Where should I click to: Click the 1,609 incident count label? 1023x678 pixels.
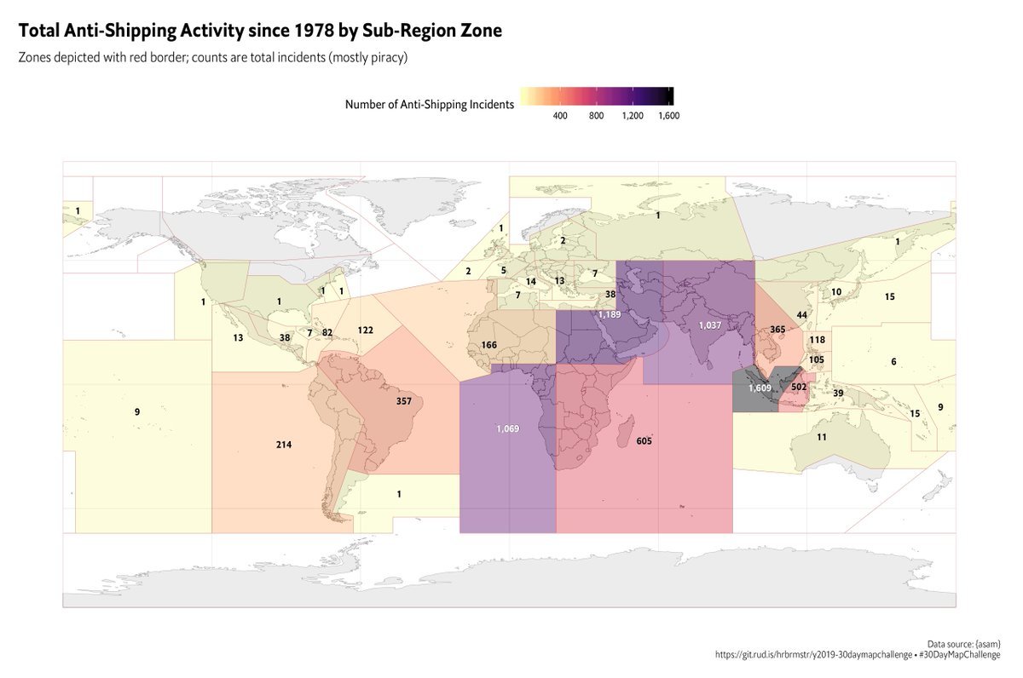760,388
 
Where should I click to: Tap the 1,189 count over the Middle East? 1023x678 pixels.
610,314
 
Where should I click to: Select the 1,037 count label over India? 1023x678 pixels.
709,325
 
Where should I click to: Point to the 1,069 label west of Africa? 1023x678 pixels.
507,428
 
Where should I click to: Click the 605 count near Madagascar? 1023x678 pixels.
644,440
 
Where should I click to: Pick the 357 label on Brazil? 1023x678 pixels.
404,400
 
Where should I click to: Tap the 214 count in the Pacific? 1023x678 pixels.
284,445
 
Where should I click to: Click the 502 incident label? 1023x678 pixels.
799,387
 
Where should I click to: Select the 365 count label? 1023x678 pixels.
777,330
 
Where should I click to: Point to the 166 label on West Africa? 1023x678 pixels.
489,345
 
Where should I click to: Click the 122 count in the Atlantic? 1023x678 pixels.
366,330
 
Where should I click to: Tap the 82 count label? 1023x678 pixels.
327,331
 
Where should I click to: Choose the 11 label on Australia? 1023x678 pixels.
822,437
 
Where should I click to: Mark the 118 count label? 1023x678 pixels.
817,340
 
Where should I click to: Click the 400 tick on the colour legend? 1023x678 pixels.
560,116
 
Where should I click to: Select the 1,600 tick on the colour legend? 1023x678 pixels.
668,116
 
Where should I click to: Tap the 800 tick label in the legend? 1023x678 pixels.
596,116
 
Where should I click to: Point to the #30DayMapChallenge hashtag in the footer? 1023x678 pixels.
960,654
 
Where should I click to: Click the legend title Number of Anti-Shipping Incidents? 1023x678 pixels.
430,105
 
